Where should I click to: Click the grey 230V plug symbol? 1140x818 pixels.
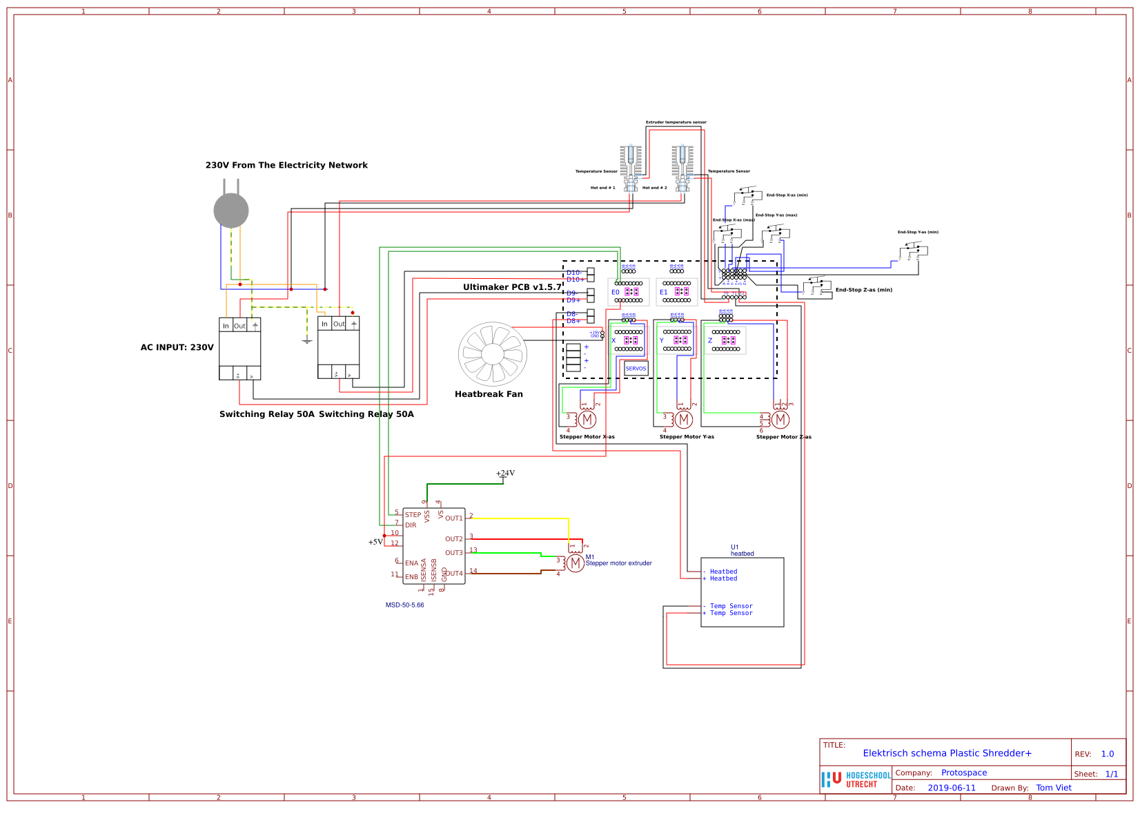[231, 210]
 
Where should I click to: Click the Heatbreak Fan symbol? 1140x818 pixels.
[492, 354]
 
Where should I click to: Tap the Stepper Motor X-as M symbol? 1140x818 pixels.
[587, 419]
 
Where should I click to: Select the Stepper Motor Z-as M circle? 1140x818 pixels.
[780, 419]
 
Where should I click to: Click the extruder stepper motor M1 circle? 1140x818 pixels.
[576, 563]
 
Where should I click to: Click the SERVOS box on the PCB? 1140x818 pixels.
[636, 369]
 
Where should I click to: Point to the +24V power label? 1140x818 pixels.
[505, 474]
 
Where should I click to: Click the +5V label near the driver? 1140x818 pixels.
[375, 543]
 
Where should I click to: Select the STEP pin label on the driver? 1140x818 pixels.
[413, 515]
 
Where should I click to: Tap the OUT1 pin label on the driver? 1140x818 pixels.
[453, 518]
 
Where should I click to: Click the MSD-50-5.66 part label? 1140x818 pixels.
[404, 605]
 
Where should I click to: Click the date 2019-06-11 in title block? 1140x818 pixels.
[952, 788]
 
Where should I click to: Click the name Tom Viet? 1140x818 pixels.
[1054, 788]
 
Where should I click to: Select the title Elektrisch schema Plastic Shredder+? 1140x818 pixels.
[947, 754]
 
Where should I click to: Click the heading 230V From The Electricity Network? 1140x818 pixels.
[286, 166]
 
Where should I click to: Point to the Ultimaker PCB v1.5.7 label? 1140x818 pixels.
[512, 287]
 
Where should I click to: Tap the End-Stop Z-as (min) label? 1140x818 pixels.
[863, 290]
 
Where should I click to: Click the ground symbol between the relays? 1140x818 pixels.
[307, 340]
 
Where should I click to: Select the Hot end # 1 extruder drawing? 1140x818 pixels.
[631, 168]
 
